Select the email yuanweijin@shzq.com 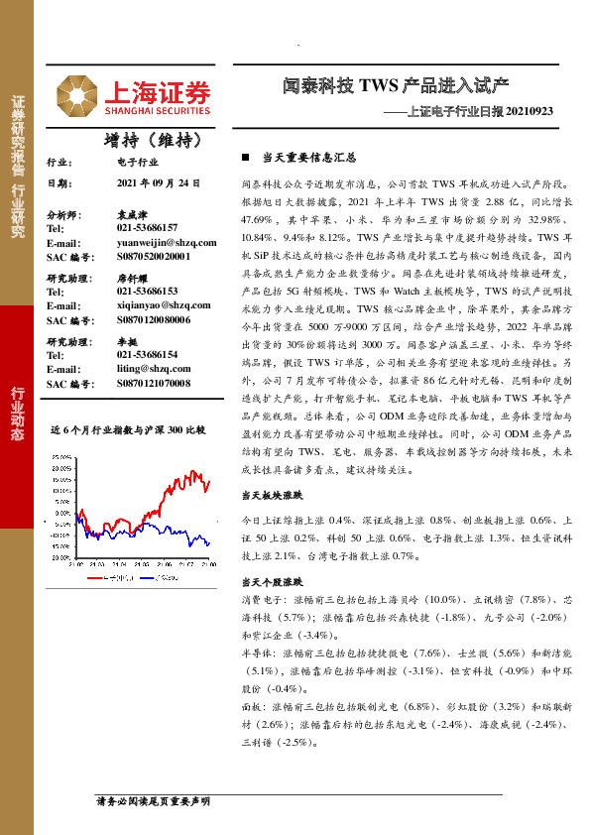point(166,242)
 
